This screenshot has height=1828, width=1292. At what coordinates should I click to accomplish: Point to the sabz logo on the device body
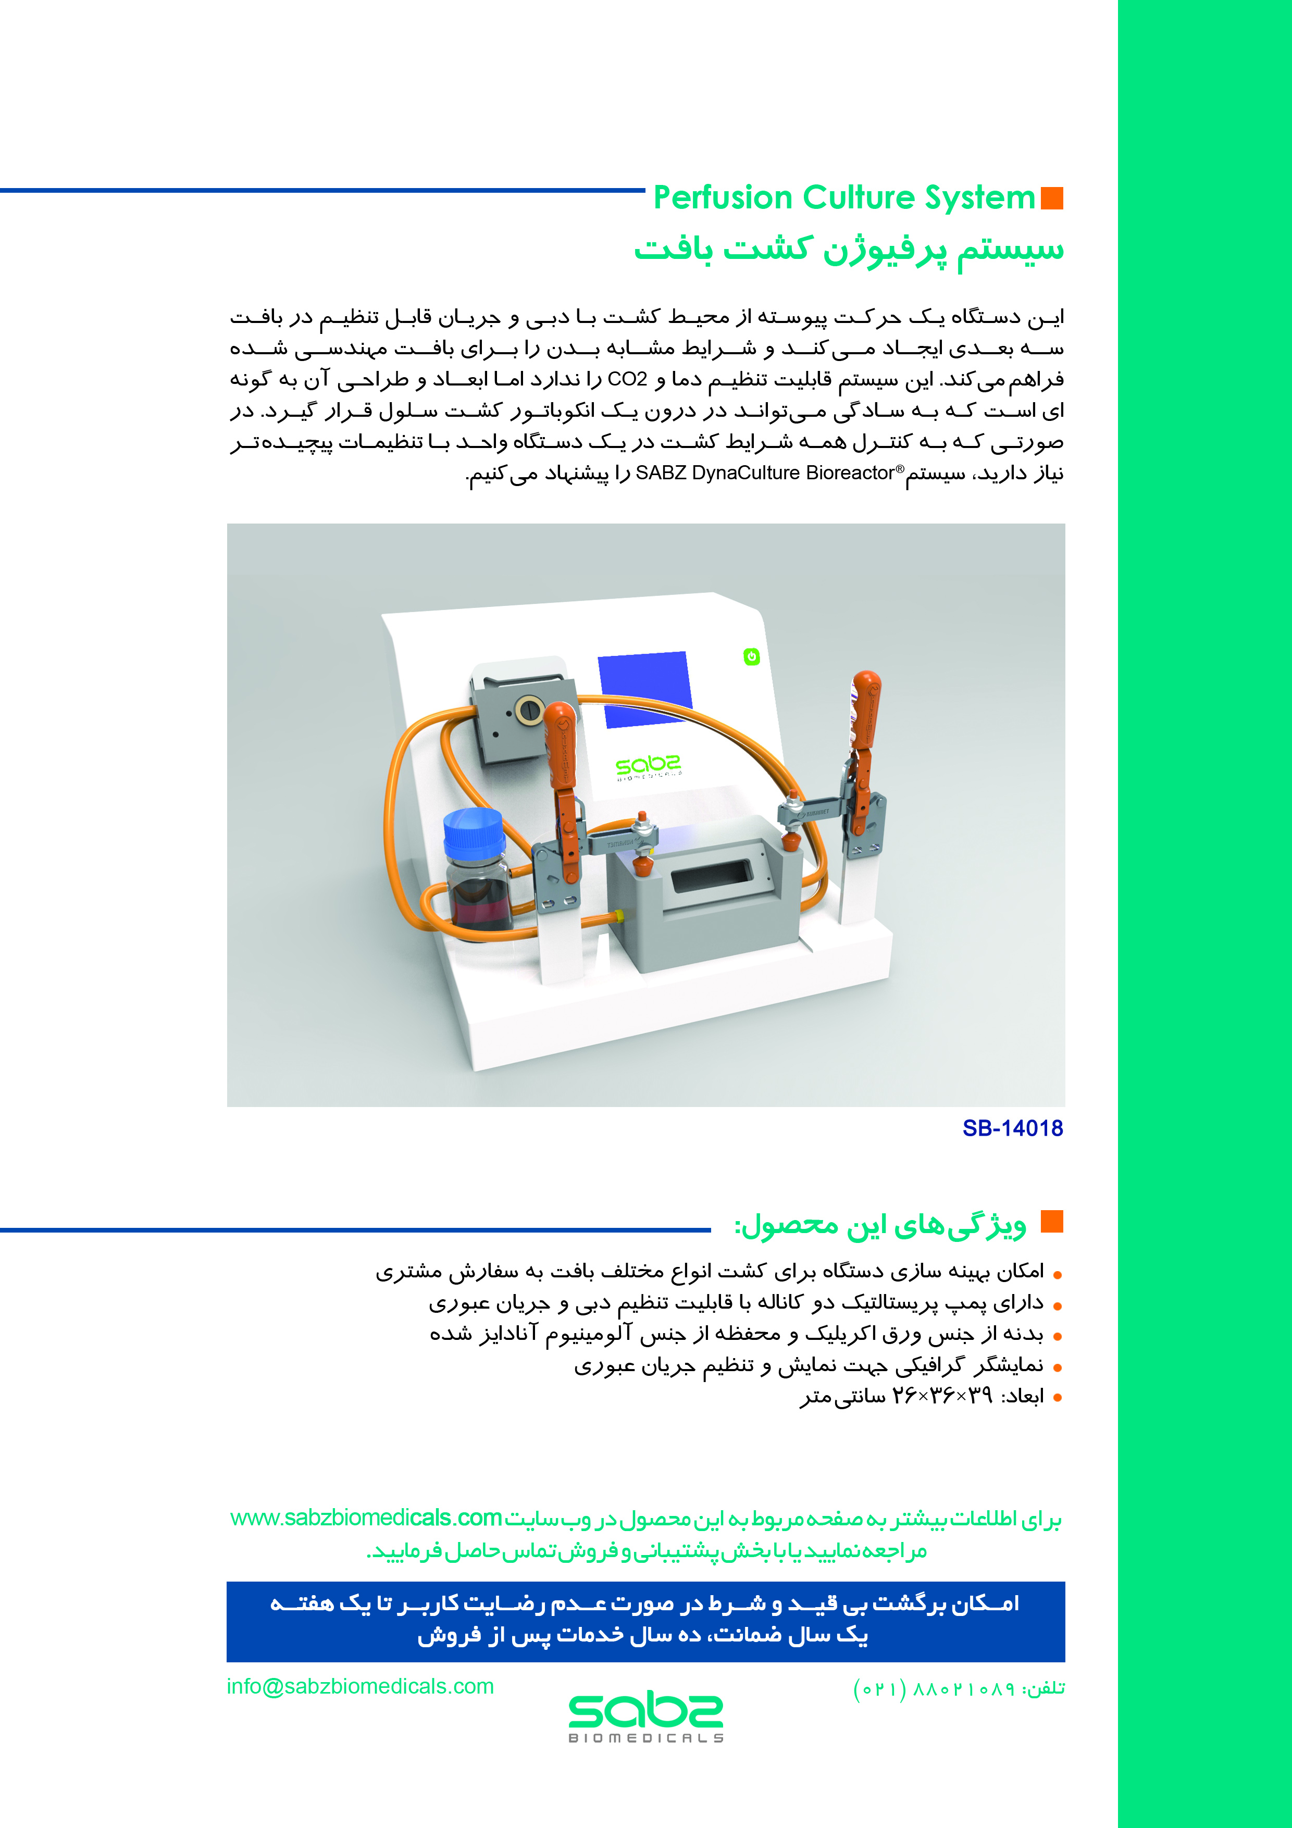(x=648, y=767)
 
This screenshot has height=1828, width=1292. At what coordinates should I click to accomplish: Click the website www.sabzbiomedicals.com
(x=366, y=1518)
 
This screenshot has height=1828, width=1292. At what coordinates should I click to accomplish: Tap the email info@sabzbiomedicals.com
(x=360, y=1686)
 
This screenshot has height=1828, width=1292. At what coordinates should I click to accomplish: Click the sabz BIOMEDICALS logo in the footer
(x=645, y=1717)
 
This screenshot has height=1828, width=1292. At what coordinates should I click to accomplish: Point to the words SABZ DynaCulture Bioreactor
(x=764, y=473)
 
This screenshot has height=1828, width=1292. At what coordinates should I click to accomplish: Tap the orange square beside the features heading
(x=1052, y=1221)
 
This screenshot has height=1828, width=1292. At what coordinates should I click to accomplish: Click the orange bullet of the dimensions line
(x=1057, y=1398)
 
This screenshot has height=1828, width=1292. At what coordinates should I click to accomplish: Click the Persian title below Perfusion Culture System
(x=849, y=249)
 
